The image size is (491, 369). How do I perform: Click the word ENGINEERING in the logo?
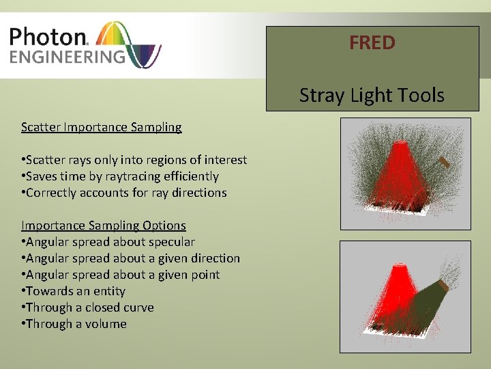67,56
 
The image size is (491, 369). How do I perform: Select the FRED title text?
372,43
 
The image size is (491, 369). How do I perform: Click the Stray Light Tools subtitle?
372,95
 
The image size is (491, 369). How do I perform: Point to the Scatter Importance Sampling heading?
101,127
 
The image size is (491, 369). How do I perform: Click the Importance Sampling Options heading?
103,225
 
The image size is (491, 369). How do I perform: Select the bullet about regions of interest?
134,160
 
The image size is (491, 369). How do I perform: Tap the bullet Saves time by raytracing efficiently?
120,176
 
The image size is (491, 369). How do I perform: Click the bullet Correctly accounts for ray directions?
123,193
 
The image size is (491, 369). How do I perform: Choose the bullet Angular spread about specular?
108,242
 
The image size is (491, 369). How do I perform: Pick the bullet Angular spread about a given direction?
130,258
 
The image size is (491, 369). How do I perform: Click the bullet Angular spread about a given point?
120,275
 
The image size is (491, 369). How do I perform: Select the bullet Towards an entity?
73,291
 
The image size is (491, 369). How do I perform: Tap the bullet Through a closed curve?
87,307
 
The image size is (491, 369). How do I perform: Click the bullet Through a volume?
74,324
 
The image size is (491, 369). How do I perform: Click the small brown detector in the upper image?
444,163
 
